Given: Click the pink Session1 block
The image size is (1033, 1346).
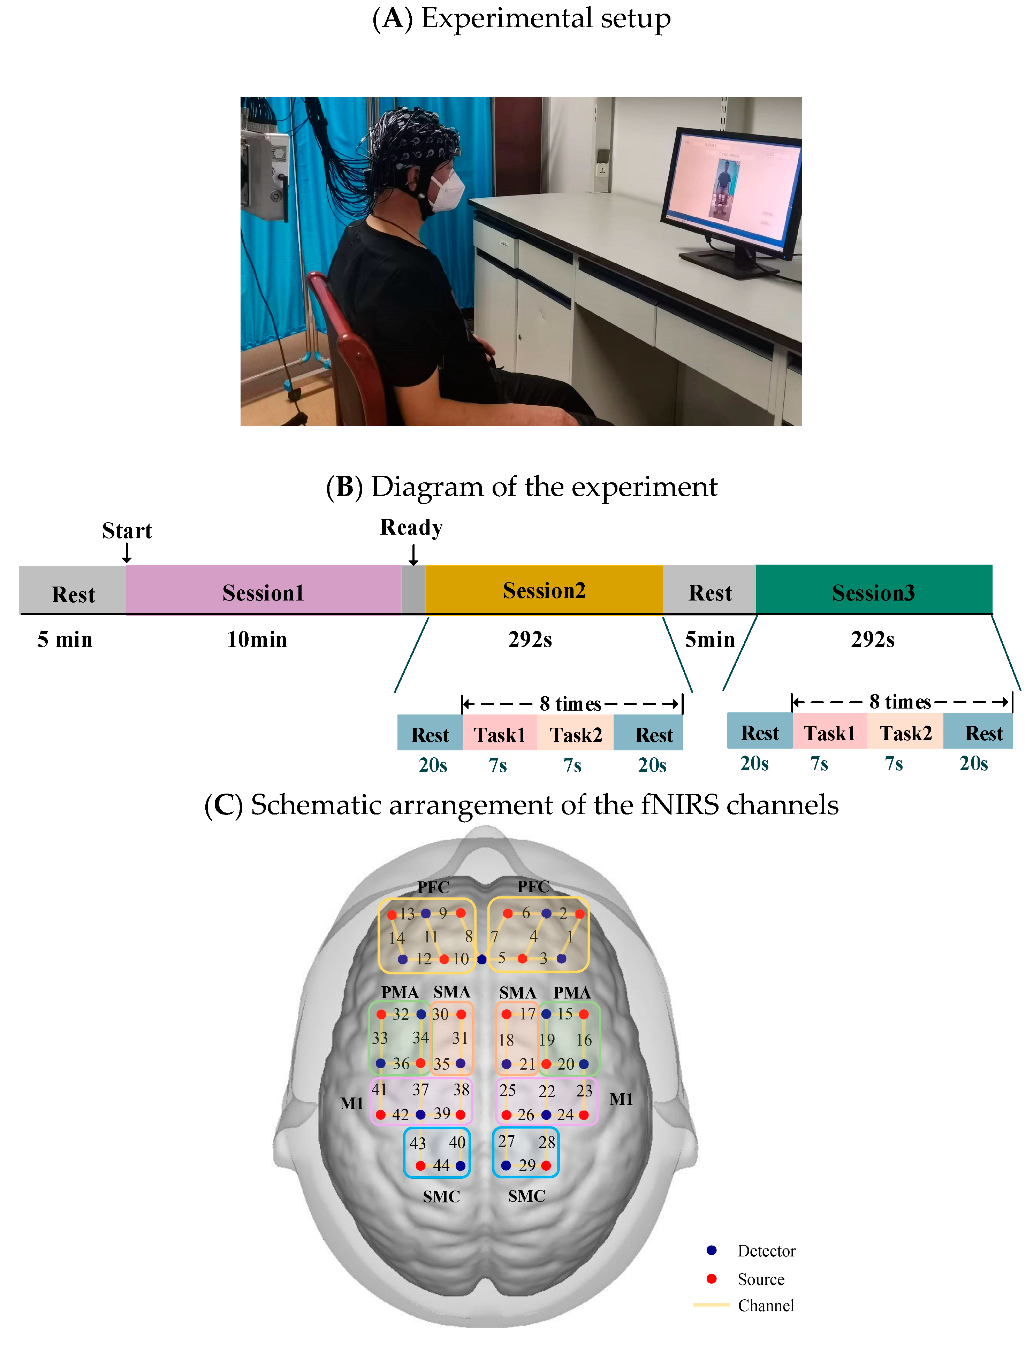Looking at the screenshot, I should point(263,590).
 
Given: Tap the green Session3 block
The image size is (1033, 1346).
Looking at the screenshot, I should point(873,590).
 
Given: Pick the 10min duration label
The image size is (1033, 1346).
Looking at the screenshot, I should point(257,639).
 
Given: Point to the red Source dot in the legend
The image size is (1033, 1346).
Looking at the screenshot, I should point(712,1278).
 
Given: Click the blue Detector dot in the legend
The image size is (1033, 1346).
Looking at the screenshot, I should point(712,1250).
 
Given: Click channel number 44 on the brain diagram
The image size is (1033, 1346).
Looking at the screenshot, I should point(441,1165).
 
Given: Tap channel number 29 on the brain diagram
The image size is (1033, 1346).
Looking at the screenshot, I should point(527,1165).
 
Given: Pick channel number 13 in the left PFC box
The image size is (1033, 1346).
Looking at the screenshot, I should point(407,914).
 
